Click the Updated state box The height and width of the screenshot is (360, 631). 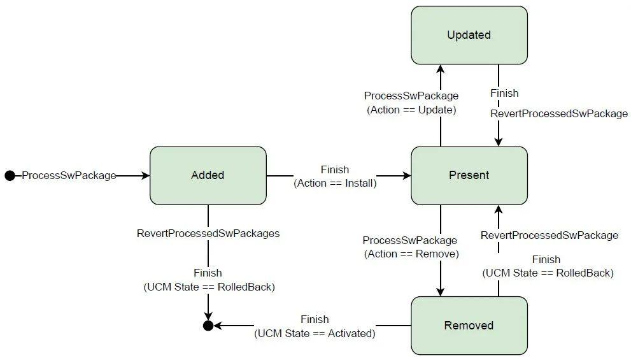point(469,36)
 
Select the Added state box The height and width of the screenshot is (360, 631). point(208,176)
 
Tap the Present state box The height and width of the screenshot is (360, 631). point(469,176)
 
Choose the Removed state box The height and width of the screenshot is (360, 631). point(469,326)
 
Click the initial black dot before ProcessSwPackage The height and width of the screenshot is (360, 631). point(10,176)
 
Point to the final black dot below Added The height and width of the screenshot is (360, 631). point(208,326)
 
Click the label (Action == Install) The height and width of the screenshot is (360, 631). point(335,184)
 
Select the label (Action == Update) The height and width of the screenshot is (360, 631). point(411,110)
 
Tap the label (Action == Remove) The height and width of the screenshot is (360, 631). point(411,254)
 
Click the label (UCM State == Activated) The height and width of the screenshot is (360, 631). point(315,333)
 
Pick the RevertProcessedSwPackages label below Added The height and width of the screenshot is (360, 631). point(208,234)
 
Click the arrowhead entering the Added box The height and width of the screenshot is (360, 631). point(146,176)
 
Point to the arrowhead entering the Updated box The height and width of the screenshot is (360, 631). point(441,69)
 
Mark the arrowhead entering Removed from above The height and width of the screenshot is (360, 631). point(441,292)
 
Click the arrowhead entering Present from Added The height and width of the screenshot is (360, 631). point(407,176)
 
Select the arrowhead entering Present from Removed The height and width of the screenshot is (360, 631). point(499,210)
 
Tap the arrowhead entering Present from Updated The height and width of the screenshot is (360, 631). point(499,141)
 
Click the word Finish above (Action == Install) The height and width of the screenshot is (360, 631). point(335,169)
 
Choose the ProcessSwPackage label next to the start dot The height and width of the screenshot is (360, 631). point(69,176)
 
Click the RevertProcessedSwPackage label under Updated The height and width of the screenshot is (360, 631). point(559,113)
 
